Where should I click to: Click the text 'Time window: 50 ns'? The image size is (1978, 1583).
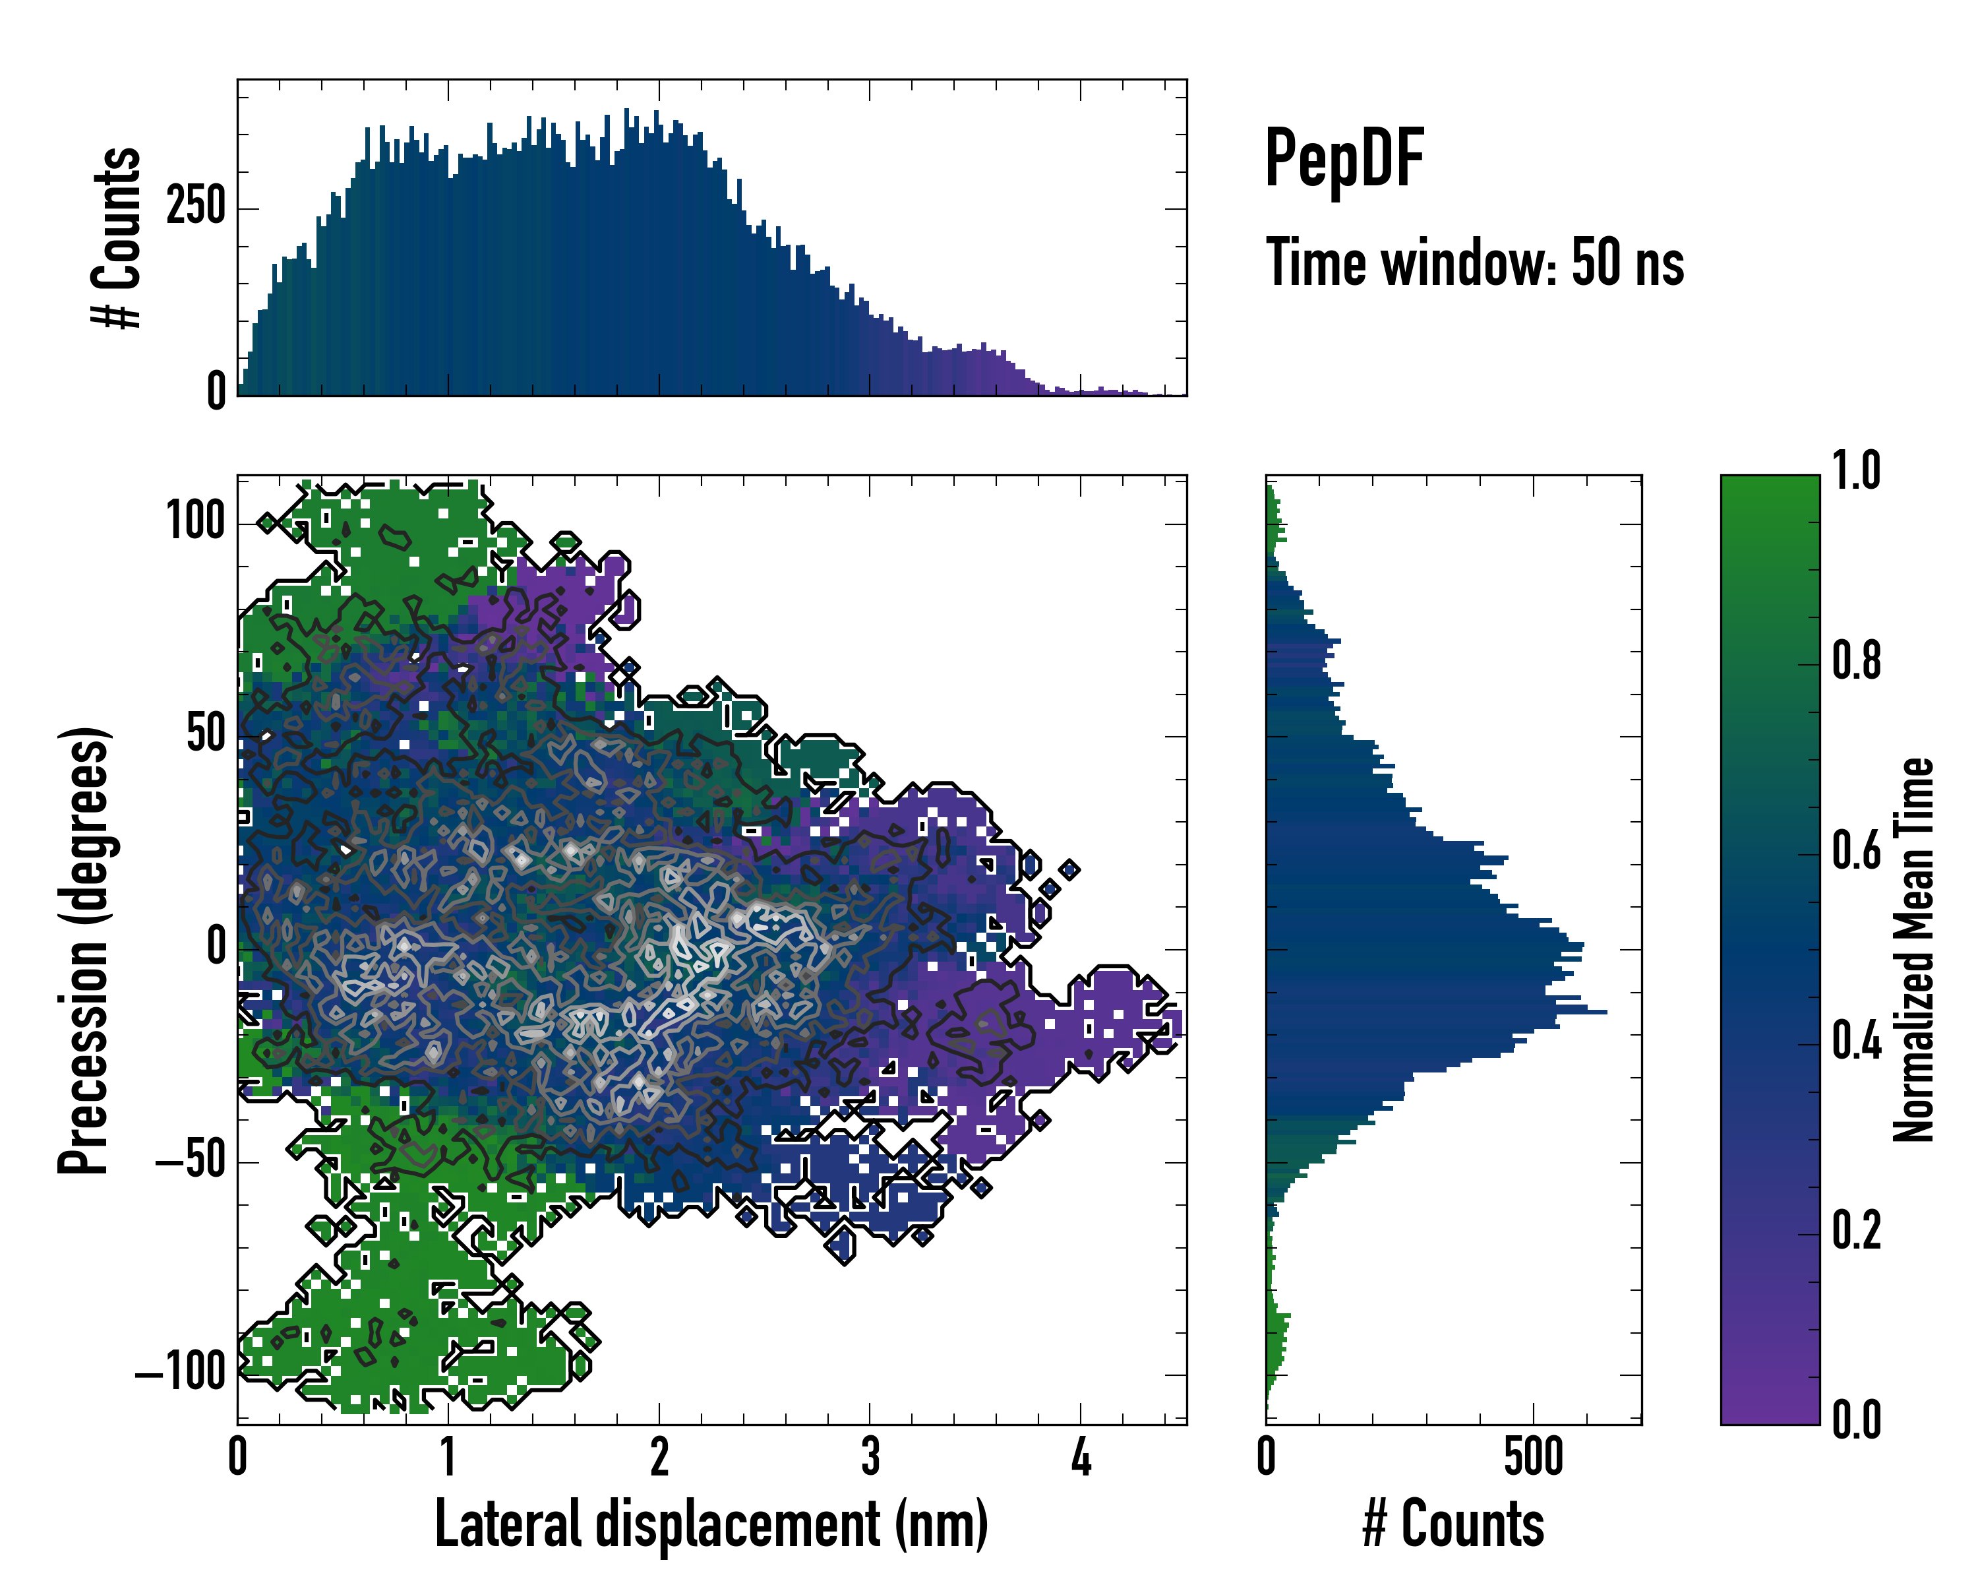click(x=1474, y=263)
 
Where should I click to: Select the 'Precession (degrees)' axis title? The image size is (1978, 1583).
click(x=84, y=950)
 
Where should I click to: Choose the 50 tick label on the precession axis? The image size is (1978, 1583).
click(x=206, y=734)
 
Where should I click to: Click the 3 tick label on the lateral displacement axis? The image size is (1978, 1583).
click(x=870, y=1456)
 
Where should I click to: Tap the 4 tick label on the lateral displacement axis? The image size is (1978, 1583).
click(x=1081, y=1456)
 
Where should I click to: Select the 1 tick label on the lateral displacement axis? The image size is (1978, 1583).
click(x=448, y=1456)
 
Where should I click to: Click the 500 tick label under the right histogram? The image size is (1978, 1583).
click(x=1533, y=1456)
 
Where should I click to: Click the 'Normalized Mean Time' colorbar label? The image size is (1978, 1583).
click(x=1914, y=950)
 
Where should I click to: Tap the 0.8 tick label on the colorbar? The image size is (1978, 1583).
click(x=1856, y=661)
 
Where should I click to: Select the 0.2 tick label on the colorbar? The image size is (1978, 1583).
click(x=1856, y=1229)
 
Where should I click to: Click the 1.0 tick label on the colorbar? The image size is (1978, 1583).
click(x=1856, y=471)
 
